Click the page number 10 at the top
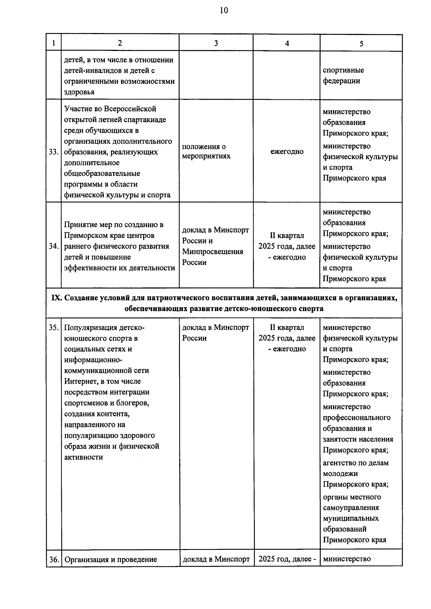(223, 10)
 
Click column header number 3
(216, 43)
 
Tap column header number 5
(361, 43)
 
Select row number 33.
(54, 152)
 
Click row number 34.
(54, 246)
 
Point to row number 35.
(54, 327)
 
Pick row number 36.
(54, 559)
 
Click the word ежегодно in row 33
(287, 151)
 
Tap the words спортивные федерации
(343, 75)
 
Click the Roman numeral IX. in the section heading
(57, 298)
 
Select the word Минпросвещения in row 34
(212, 252)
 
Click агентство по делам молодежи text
(355, 468)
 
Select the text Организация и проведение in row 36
(111, 559)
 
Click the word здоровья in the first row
(79, 92)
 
